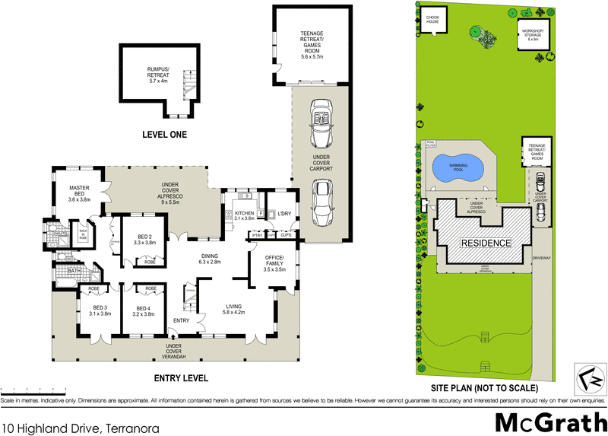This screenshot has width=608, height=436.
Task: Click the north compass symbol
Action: (587, 375)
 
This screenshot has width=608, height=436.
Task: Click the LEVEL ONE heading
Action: (164, 135)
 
